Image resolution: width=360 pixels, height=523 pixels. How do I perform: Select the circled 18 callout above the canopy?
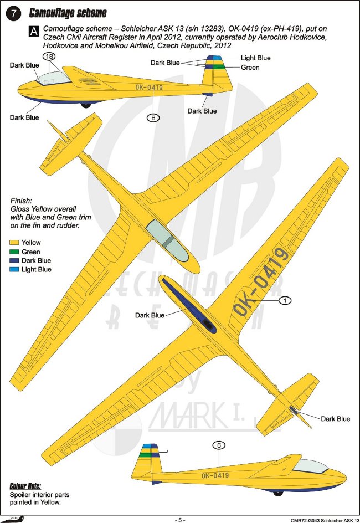coord(48,56)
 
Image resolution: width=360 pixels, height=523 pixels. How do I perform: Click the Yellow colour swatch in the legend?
coord(15,243)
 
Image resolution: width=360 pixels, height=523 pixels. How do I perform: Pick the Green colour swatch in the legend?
coord(15,252)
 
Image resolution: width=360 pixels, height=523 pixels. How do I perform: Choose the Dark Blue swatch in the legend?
coord(15,260)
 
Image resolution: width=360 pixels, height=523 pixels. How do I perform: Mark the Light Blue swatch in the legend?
coord(15,269)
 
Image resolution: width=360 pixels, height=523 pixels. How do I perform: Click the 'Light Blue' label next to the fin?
coord(255,58)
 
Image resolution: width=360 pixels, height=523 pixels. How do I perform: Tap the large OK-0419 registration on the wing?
coord(261,283)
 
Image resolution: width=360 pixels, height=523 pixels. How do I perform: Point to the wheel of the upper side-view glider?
coord(85,105)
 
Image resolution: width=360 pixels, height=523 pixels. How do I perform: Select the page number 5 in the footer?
coord(180,520)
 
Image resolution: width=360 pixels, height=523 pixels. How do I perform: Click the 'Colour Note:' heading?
coord(25,485)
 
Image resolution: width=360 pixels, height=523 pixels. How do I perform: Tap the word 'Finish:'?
coord(22,200)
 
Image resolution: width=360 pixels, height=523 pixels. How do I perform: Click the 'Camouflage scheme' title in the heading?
coord(68,13)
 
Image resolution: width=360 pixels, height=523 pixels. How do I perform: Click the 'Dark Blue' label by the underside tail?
coord(335,419)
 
